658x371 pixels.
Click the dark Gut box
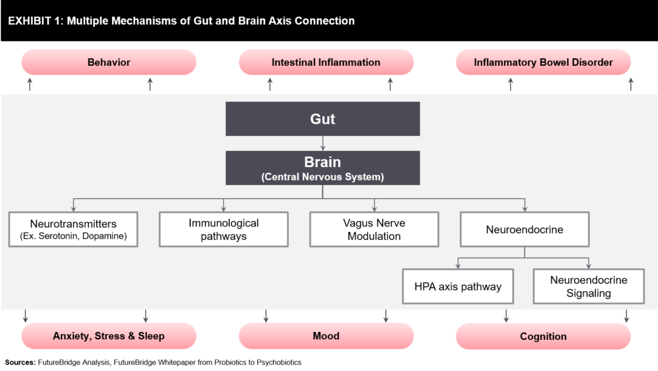(x=322, y=118)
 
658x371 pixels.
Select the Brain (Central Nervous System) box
(x=322, y=168)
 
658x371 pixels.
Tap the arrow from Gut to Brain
(x=322, y=143)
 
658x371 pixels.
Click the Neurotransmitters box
(x=73, y=229)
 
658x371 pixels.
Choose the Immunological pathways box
(x=224, y=229)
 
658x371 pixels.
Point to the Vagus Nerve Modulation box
(x=373, y=229)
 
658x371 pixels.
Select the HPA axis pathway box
(x=458, y=286)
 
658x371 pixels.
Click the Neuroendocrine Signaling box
(x=589, y=286)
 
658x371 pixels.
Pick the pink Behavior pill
(x=108, y=62)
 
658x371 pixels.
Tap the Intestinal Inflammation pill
(x=326, y=62)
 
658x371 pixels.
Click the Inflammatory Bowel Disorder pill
(x=543, y=62)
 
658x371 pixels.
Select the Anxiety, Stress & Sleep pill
(x=108, y=336)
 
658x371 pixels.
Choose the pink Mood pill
(x=326, y=336)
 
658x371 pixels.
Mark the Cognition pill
(x=543, y=336)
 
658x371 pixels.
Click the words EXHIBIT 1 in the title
(x=34, y=21)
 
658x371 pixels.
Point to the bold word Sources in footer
(x=19, y=362)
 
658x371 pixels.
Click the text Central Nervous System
(x=322, y=177)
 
